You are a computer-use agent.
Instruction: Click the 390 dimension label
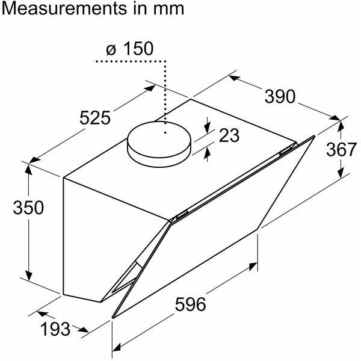click(x=280, y=96)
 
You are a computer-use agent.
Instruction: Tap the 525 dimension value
click(x=95, y=118)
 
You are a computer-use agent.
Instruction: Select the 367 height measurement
click(x=341, y=149)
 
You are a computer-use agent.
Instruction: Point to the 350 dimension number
click(x=28, y=208)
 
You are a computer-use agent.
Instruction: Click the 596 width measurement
click(x=190, y=304)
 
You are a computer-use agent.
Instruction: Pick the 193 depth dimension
click(x=55, y=329)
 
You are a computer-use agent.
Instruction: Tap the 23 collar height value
click(x=229, y=135)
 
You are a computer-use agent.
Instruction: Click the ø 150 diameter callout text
click(x=129, y=49)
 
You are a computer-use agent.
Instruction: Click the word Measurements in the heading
click(x=64, y=8)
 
